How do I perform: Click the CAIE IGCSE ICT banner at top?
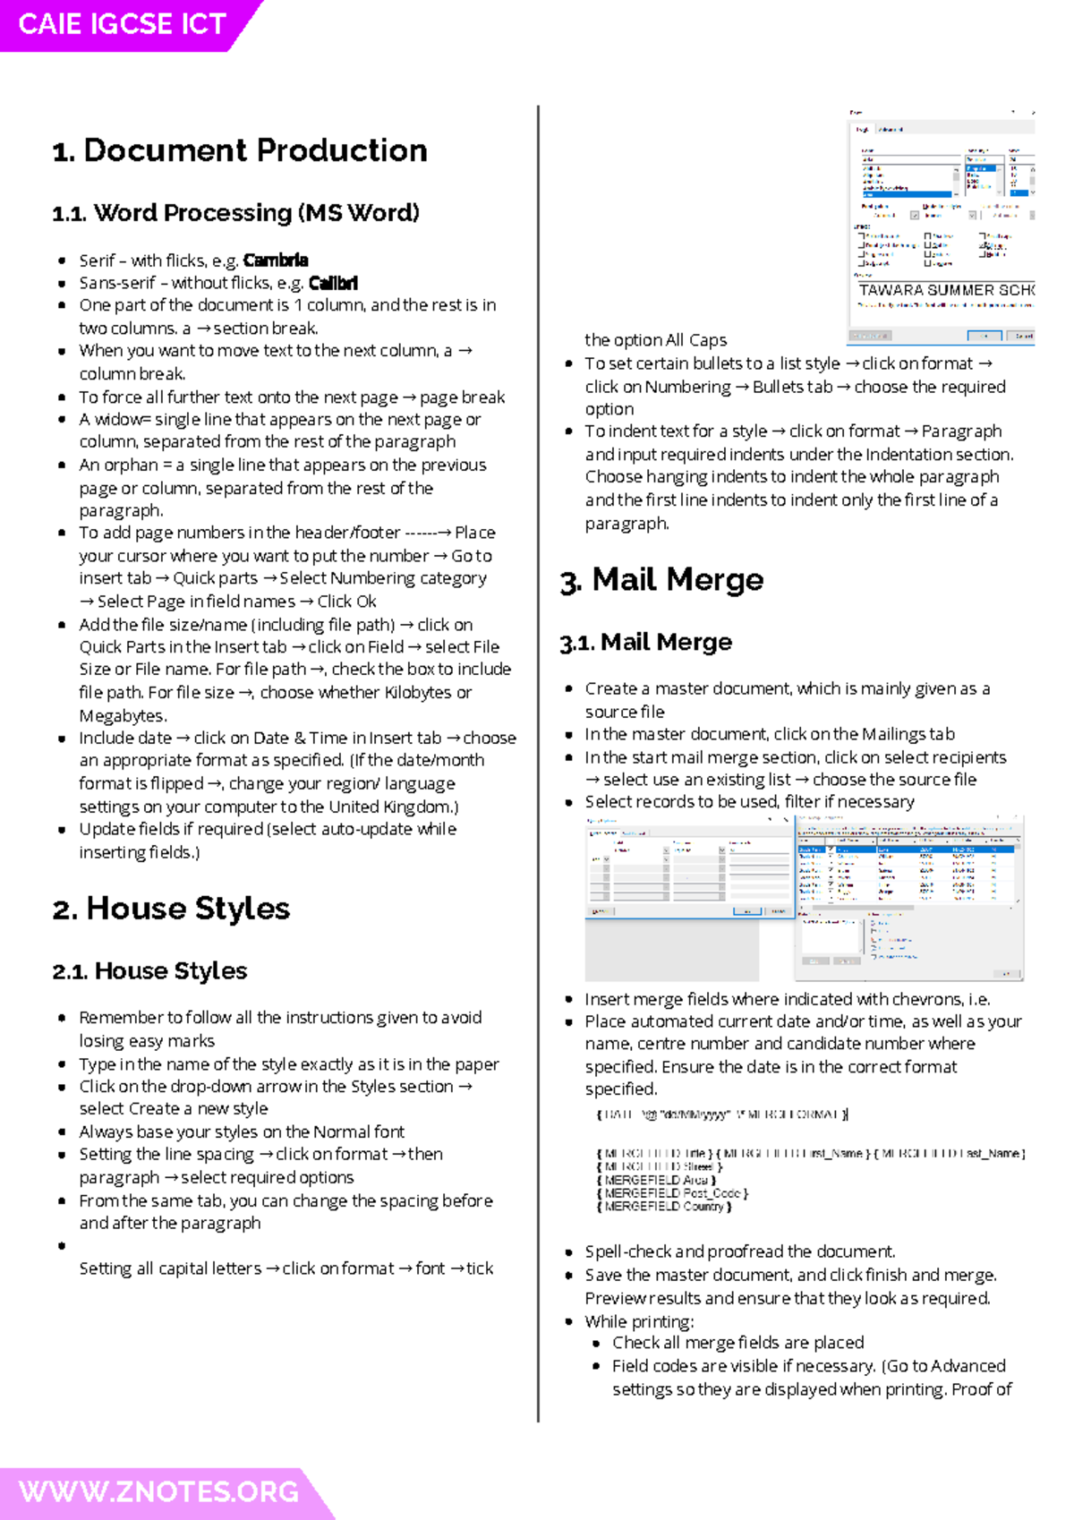click(x=123, y=24)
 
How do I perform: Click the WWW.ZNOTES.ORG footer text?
click(x=158, y=1492)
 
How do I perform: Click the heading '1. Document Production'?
click(x=240, y=150)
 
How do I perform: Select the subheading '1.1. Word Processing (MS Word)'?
click(x=236, y=213)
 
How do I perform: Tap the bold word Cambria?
click(x=276, y=260)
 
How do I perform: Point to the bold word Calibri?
click(x=333, y=284)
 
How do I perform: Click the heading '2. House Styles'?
click(x=171, y=909)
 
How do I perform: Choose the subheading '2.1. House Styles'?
click(x=149, y=971)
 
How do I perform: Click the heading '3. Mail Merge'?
click(x=661, y=580)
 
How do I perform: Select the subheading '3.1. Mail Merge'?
click(x=645, y=643)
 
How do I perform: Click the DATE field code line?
click(x=721, y=1114)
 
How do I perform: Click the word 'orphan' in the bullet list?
click(x=132, y=465)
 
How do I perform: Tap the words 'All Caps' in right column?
click(x=695, y=340)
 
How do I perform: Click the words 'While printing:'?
click(x=639, y=1321)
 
